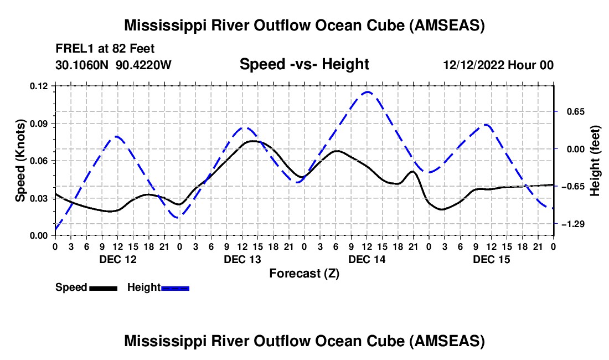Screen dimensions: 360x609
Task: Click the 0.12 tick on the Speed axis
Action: (39, 86)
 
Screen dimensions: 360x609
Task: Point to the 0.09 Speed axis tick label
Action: (39, 123)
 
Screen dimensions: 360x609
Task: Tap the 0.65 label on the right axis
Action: (570, 111)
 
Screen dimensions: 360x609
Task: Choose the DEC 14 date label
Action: (367, 259)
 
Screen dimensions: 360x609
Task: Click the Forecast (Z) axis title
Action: (304, 273)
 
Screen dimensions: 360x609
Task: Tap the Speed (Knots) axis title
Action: (20, 161)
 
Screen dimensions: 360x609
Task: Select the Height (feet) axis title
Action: (595, 161)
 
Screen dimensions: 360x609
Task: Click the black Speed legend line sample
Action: (103, 288)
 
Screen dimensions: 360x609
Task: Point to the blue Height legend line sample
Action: (175, 288)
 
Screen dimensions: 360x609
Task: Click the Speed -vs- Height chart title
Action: (304, 65)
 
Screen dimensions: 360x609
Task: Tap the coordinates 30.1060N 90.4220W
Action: (113, 65)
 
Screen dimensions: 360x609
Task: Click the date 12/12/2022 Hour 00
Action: (498, 65)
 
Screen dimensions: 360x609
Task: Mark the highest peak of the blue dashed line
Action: (367, 92)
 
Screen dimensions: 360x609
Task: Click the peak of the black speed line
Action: (252, 141)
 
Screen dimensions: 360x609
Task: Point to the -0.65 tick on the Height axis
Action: (570, 186)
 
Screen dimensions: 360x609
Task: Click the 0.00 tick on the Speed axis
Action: (39, 235)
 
